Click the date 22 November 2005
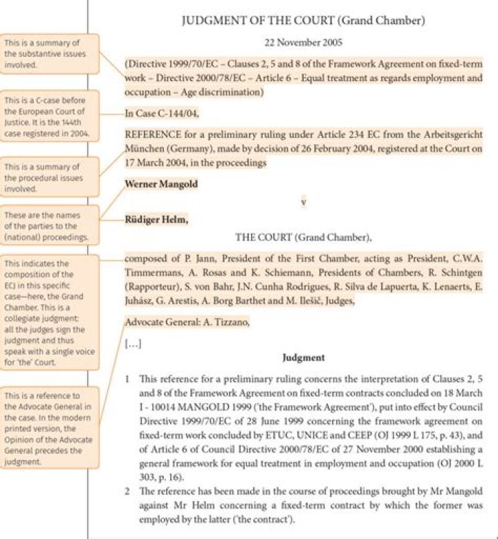tap(303, 43)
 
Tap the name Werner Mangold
tap(160, 184)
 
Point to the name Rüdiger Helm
tap(156, 220)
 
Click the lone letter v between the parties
tap(303, 202)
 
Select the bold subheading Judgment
tap(304, 358)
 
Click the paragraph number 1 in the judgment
tap(128, 379)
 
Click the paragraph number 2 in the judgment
tap(128, 491)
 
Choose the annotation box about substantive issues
tap(49, 53)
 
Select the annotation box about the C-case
tap(49, 116)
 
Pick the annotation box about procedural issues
tap(49, 177)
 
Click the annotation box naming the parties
tap(49, 226)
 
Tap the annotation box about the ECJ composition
tap(49, 313)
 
